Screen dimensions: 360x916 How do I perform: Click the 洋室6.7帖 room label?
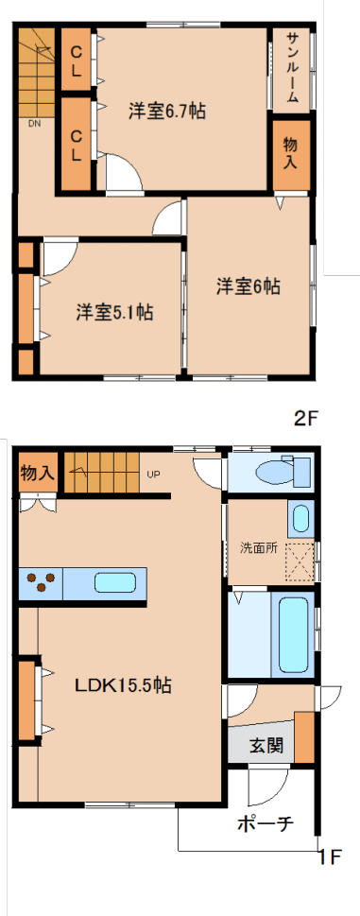[167, 111]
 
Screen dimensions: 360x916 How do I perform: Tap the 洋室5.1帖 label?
[114, 313]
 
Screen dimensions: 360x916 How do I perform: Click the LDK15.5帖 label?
[122, 684]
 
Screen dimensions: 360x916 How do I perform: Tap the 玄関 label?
[266, 746]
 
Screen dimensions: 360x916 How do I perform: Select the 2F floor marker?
[307, 418]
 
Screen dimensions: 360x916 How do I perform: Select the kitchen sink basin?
[115, 583]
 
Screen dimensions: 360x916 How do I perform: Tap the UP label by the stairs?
[153, 474]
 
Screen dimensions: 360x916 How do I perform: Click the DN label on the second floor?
[36, 123]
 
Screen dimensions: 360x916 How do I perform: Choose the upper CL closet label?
[77, 60]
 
